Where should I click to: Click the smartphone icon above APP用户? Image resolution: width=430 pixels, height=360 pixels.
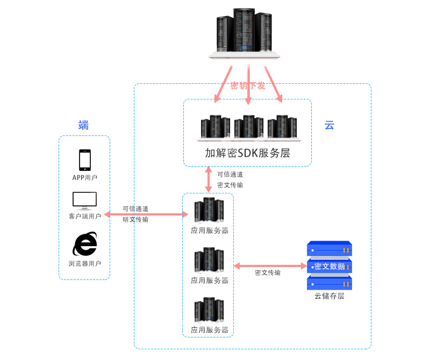85,160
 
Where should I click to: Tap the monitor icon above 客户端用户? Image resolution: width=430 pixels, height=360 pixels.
85,200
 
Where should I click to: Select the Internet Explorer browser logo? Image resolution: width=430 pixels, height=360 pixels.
85,244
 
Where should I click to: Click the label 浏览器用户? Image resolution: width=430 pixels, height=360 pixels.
85,263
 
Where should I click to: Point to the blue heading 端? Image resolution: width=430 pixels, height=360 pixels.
83,126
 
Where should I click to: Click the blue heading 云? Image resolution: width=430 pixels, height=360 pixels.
329,126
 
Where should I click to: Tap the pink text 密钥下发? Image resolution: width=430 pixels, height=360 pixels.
248,85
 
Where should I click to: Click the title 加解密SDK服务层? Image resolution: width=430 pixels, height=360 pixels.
247,153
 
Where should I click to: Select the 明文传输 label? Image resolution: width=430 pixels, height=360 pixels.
135,219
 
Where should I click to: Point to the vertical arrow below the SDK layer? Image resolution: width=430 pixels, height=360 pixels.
209,179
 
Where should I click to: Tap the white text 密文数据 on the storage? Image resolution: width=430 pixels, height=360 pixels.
329,266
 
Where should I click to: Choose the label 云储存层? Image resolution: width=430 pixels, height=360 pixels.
329,296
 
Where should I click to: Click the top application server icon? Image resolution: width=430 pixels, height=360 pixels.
209,211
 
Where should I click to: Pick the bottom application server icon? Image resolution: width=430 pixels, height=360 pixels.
209,310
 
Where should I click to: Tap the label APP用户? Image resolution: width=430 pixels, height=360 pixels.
85,177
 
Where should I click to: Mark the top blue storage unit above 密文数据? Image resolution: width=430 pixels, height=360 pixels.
329,249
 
